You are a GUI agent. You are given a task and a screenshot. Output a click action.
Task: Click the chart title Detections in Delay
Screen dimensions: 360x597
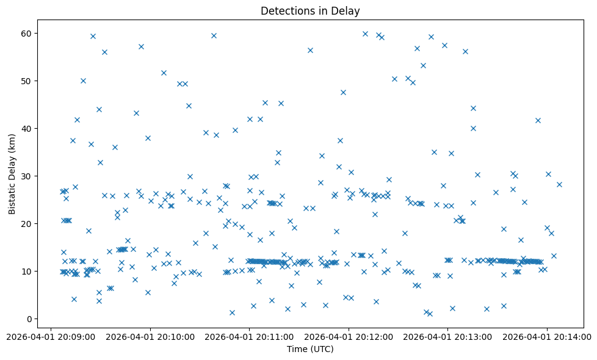(310, 10)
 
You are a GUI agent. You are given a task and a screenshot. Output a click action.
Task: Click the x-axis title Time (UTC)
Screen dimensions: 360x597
(310, 349)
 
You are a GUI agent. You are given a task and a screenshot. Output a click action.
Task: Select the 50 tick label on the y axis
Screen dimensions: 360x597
(27, 81)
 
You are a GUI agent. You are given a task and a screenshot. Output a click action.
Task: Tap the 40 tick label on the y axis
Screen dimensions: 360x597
(27, 128)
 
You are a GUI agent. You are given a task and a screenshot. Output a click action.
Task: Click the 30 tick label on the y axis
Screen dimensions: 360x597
(27, 176)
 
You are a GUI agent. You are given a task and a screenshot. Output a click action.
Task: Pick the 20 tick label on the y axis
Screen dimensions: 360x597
(27, 223)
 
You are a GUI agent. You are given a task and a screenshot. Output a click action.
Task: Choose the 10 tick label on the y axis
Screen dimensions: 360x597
(27, 271)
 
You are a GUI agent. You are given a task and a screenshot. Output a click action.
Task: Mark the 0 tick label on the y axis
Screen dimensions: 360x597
(30, 319)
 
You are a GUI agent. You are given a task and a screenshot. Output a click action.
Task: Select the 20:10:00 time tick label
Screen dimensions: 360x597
(150, 336)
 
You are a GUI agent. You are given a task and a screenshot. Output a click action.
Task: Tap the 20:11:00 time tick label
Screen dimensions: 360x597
(249, 336)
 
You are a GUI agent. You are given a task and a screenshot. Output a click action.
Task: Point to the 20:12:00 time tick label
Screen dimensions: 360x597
(349, 336)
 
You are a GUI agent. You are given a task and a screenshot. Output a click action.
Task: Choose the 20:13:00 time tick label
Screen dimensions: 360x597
(448, 336)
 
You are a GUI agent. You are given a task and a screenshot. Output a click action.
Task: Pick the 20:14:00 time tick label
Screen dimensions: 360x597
(547, 336)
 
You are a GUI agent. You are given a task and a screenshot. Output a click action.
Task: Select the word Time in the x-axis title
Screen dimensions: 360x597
(297, 349)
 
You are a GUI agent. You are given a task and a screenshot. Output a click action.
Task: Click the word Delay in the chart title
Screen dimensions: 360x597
(346, 10)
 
